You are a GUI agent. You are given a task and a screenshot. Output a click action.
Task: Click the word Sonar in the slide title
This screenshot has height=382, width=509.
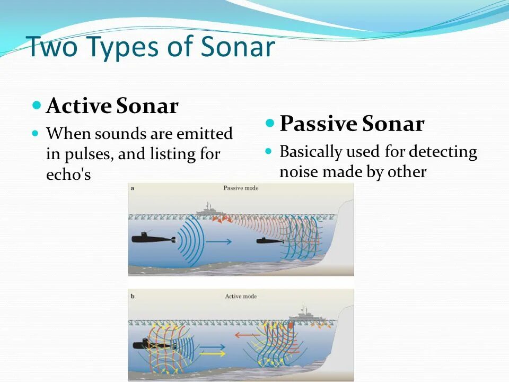[238, 47]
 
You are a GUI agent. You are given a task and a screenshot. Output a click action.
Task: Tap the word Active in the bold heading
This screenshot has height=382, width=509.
[79, 106]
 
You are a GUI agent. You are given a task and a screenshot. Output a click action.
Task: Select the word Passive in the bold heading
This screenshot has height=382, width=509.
[318, 124]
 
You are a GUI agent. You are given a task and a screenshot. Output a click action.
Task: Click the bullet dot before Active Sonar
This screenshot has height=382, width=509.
[37, 105]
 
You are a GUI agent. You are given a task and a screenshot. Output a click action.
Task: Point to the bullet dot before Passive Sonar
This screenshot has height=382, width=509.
[270, 123]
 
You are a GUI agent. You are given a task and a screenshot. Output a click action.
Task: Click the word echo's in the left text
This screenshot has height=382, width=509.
[68, 175]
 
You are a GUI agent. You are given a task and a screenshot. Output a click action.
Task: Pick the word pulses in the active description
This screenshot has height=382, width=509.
[89, 154]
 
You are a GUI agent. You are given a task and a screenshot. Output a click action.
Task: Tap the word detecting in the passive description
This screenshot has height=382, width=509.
[443, 152]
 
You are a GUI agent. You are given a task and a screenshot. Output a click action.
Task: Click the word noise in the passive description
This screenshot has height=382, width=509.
[299, 172]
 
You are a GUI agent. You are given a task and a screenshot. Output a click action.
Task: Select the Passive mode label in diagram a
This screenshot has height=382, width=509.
[241, 188]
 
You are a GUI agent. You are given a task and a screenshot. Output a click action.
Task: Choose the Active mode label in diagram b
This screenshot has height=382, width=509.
[241, 296]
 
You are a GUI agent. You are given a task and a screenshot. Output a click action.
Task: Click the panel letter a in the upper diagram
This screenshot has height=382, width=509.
[133, 188]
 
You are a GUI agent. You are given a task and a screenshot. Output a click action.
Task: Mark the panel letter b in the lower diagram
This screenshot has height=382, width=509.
[133, 296]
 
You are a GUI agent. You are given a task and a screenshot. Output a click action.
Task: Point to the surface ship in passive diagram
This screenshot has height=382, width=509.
[210, 211]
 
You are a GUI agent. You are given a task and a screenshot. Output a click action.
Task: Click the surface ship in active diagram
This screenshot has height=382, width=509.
[306, 316]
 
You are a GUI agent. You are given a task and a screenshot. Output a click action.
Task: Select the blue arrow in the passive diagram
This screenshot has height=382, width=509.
[219, 241]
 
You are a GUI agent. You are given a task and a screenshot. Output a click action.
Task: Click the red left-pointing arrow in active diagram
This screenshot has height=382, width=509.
[247, 335]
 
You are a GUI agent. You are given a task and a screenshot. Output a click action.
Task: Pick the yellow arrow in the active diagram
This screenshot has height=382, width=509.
[212, 353]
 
